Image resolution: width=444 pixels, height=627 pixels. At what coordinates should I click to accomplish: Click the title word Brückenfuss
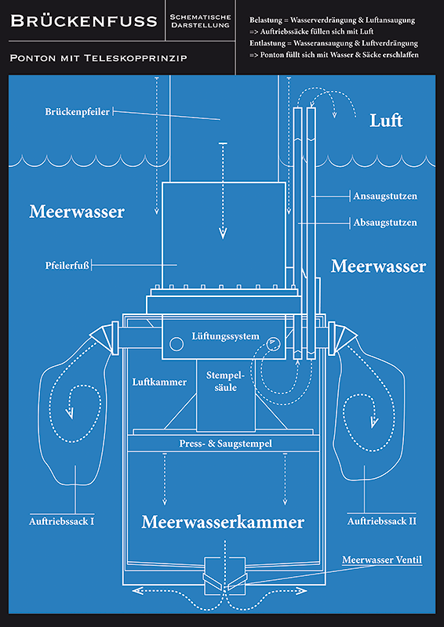point(84,21)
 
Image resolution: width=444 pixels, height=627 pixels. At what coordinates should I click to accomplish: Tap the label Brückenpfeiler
point(78,111)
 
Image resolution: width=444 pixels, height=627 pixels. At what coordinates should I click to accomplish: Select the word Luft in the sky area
point(386,121)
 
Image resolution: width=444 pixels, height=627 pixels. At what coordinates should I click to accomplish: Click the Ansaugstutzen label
point(385,197)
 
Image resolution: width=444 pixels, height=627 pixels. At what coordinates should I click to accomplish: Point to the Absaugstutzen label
point(384,223)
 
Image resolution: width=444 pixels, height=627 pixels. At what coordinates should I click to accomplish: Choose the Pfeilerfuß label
point(67,265)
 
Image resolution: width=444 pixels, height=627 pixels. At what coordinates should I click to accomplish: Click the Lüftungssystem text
point(225,336)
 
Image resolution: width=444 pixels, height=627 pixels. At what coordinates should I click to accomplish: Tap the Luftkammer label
point(159,382)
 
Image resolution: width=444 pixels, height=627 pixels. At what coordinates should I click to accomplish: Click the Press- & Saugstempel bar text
point(226,444)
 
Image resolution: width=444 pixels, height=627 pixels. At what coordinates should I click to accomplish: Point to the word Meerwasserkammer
point(223,522)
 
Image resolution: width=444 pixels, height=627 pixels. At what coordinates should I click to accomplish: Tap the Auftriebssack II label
point(382,521)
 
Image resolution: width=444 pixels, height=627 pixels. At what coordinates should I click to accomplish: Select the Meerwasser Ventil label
point(382,560)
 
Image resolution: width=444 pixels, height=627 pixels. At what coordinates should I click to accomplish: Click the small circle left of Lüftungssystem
point(177,343)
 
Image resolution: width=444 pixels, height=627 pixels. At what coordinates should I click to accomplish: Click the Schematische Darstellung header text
point(200,21)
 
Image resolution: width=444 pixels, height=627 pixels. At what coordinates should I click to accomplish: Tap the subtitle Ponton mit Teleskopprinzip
point(99,58)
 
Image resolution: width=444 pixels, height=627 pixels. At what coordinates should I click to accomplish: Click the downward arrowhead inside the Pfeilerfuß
point(223,233)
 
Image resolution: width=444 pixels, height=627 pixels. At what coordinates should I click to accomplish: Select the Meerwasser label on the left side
point(76,212)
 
